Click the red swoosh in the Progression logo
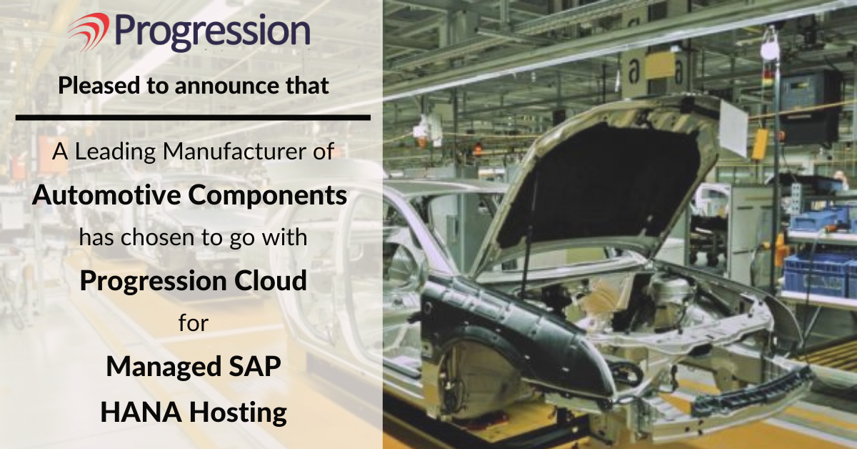(89, 31)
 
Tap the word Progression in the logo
(212, 33)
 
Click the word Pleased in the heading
(99, 85)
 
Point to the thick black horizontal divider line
(193, 118)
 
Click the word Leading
(115, 152)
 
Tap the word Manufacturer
(234, 151)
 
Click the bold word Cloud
(270, 280)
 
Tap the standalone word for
(194, 322)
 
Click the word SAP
(251, 366)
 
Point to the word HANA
(141, 413)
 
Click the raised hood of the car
(597, 180)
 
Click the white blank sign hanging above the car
(733, 129)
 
